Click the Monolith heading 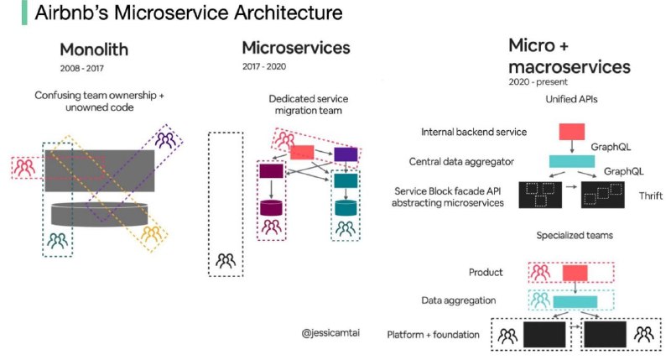[x=94, y=50]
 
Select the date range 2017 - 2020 [x=264, y=66]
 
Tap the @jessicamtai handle [x=330, y=332]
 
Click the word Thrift [x=651, y=196]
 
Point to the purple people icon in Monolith [x=165, y=140]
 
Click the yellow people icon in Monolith [x=151, y=234]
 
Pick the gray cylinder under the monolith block [x=100, y=214]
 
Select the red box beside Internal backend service [x=572, y=132]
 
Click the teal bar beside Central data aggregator [x=572, y=161]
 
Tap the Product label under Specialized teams [x=486, y=272]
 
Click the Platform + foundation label [x=433, y=334]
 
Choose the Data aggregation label [x=458, y=300]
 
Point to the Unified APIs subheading [x=571, y=99]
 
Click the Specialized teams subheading [x=575, y=235]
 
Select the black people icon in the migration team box [x=226, y=261]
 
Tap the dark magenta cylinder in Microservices [x=271, y=207]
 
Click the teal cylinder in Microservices [x=346, y=207]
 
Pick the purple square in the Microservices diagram [x=346, y=154]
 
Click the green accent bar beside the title [x=24, y=13]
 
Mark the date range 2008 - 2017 [x=81, y=68]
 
